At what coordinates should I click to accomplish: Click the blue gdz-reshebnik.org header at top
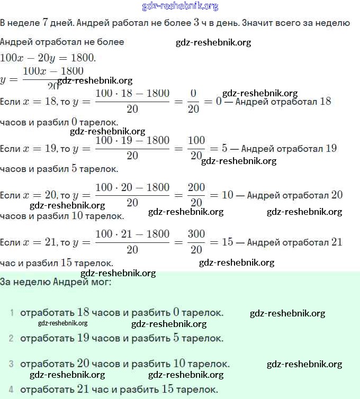click(x=180, y=6)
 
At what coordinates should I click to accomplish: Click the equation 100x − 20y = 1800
click(x=48, y=57)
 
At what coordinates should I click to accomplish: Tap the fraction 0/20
click(x=193, y=101)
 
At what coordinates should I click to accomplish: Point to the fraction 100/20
click(x=196, y=148)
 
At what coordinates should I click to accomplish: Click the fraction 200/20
click(x=196, y=195)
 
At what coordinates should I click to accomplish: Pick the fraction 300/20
click(x=196, y=242)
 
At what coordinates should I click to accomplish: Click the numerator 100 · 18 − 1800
click(x=132, y=94)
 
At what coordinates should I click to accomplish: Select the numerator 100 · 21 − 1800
click(x=132, y=234)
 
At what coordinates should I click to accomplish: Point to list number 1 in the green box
click(x=12, y=313)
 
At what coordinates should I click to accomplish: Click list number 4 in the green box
click(x=12, y=389)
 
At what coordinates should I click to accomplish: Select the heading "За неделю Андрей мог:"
click(x=56, y=282)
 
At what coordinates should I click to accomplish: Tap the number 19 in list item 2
click(x=83, y=338)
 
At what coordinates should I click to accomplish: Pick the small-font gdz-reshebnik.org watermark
click(x=62, y=323)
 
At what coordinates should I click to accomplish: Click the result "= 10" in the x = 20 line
click(x=222, y=195)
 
